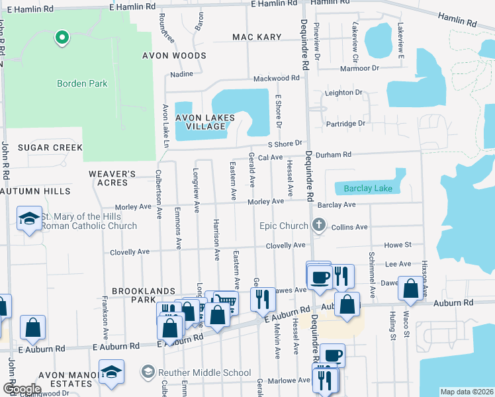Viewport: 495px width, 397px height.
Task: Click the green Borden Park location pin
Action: click(x=62, y=38)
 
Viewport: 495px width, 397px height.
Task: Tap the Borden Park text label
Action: click(x=82, y=84)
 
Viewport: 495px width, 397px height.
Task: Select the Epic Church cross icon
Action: click(x=319, y=226)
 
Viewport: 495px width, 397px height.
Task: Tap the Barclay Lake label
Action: click(x=368, y=189)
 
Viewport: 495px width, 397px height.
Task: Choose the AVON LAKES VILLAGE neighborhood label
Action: click(x=205, y=122)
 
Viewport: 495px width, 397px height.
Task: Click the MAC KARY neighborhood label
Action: click(x=257, y=37)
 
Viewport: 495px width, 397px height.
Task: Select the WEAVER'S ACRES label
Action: click(x=112, y=178)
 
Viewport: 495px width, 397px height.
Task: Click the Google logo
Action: click(x=21, y=388)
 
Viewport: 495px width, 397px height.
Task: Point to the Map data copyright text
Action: click(x=467, y=392)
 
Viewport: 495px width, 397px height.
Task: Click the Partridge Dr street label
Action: click(x=345, y=124)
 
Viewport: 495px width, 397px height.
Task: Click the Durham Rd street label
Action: click(x=337, y=155)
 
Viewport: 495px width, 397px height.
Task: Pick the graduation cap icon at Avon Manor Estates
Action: click(x=111, y=372)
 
